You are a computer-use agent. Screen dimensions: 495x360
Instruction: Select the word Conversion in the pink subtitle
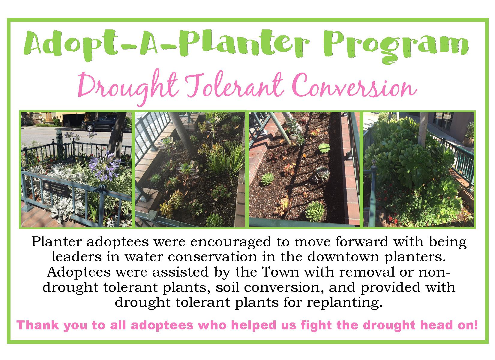[354, 86]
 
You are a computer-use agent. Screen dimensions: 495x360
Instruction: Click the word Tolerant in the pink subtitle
[235, 85]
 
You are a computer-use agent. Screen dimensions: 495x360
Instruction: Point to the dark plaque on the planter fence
[55, 188]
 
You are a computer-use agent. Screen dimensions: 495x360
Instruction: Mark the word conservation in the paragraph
[212, 257]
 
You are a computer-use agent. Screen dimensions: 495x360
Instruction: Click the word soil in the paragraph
[227, 287]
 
